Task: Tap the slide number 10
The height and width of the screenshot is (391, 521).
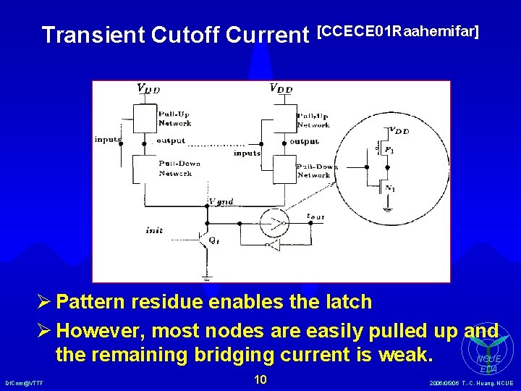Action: (260, 380)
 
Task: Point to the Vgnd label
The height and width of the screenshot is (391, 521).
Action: (221, 201)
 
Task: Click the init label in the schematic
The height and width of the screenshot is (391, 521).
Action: (153, 230)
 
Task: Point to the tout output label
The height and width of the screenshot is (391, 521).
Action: (315, 215)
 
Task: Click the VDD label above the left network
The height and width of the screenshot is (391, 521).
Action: (148, 88)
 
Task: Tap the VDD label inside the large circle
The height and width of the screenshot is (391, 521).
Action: (399, 131)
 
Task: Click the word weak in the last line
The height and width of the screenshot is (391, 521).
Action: (409, 356)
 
